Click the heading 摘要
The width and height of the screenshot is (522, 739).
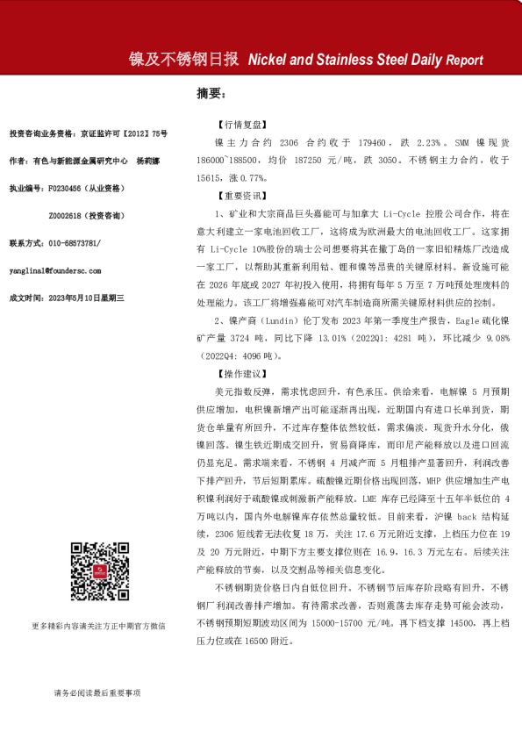point(211,92)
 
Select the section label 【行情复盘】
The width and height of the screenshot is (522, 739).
point(238,126)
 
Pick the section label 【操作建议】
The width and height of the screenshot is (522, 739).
point(238,373)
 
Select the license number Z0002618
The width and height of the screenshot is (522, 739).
point(68,214)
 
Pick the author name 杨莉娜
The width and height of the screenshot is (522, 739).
point(150,161)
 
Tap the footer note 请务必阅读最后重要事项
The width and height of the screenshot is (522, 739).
point(97,692)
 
